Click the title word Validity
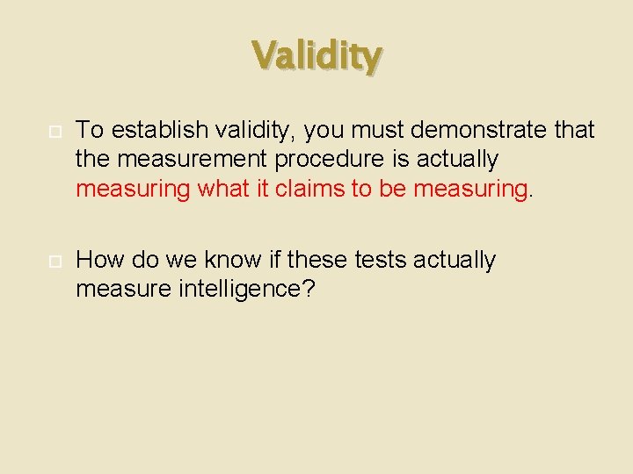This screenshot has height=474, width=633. pos(316,56)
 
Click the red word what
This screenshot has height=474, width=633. pos(221,188)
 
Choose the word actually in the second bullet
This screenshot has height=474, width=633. pos(454,260)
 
